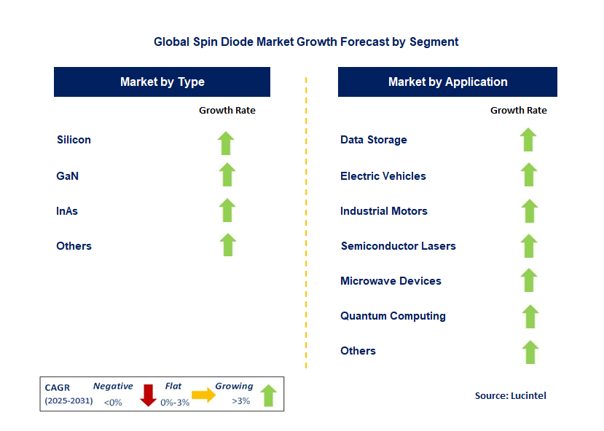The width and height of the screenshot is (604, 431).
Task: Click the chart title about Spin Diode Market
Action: [x=306, y=41]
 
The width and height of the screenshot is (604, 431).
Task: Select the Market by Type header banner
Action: [x=162, y=82]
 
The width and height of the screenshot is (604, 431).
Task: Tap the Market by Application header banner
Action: [x=447, y=82]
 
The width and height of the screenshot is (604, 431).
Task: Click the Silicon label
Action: [x=74, y=140]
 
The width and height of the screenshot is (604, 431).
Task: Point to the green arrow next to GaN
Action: [x=227, y=175]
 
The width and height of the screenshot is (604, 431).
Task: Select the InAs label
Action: [x=67, y=211]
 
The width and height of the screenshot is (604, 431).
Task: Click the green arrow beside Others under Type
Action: [x=227, y=245]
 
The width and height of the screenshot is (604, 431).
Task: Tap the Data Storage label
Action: [x=373, y=140]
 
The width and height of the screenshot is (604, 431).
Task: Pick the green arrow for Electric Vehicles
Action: [x=529, y=175]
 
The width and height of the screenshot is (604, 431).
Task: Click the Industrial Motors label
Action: [x=383, y=211]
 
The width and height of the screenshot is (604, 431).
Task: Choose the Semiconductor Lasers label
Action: [x=398, y=246]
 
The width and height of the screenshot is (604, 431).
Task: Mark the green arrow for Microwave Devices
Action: [x=529, y=280]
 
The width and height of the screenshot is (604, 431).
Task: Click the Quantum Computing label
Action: [x=393, y=316]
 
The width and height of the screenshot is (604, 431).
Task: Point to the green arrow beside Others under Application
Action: [x=530, y=352]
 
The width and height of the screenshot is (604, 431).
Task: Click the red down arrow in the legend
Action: [x=148, y=395]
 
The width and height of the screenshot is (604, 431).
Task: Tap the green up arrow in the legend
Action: [x=269, y=395]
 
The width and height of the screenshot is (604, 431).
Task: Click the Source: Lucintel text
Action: [x=510, y=395]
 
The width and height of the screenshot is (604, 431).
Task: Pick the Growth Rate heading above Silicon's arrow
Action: [x=227, y=111]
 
